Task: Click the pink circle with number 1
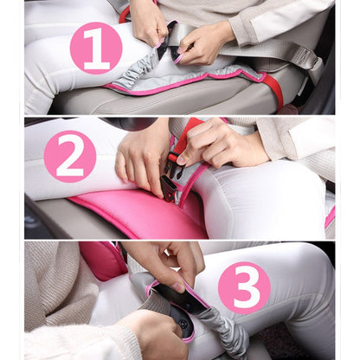(x=95, y=48)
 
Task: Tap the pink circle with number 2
(x=69, y=156)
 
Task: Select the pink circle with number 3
(x=244, y=287)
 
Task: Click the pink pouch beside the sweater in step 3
(x=104, y=260)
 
